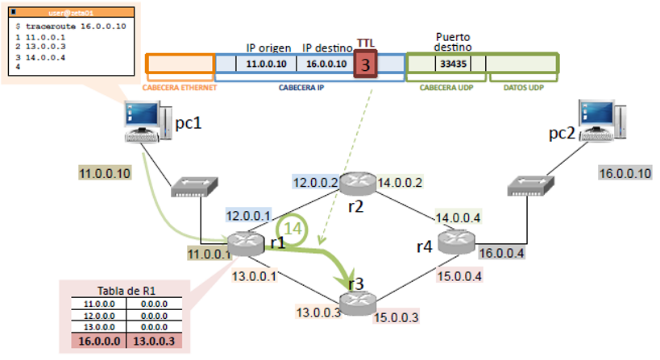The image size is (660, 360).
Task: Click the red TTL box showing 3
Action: (364, 65)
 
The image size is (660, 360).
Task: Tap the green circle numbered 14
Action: (296, 229)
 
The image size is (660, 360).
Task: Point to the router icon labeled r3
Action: (356, 304)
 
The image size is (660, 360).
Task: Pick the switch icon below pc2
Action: (529, 188)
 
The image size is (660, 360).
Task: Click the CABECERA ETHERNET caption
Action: (179, 88)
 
